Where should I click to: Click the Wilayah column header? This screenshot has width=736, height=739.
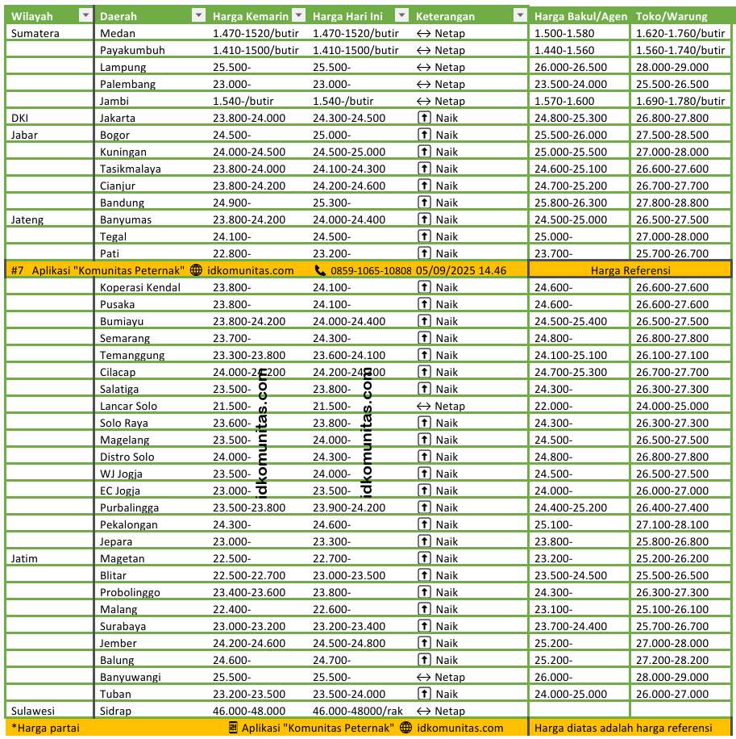point(32,16)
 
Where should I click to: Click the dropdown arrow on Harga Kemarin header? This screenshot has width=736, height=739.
point(298,16)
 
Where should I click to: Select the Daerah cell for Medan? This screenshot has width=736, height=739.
point(118,33)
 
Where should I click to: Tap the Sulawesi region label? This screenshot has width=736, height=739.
point(33,711)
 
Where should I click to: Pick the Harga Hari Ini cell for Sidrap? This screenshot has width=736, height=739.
point(358,711)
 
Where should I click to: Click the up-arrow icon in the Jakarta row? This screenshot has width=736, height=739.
point(423,118)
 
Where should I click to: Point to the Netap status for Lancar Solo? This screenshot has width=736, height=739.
point(441,406)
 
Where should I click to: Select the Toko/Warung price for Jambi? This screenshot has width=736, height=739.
point(680,101)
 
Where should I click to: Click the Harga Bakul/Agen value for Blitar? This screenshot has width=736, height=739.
point(571,575)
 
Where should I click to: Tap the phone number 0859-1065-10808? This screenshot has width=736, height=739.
point(371,270)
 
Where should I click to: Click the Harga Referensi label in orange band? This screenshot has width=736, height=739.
point(630,270)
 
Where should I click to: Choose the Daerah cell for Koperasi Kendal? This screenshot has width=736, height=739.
point(140,287)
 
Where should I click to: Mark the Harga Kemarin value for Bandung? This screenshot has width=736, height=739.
point(232,202)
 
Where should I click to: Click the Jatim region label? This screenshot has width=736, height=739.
point(25,558)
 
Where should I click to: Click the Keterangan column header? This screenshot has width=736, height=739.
point(445,16)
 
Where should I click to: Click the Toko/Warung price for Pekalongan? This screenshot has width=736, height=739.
point(672,524)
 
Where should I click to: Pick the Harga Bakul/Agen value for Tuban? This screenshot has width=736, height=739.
point(571,694)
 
